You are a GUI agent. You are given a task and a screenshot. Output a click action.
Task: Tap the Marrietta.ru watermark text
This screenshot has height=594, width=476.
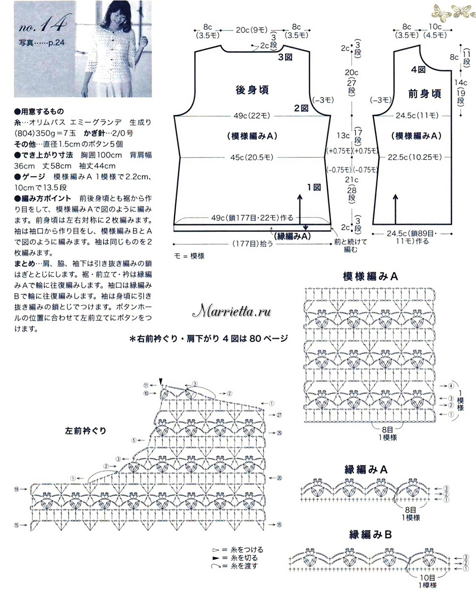coord(232,312)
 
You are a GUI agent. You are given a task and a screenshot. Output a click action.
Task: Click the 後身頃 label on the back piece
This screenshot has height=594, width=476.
coord(252,90)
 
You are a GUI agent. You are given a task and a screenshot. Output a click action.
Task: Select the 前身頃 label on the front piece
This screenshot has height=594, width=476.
coord(424,94)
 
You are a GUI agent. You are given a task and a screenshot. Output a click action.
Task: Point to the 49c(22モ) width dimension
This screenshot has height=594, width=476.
coord(252,116)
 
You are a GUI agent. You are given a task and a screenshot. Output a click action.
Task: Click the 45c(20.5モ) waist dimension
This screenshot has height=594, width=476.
coord(252,157)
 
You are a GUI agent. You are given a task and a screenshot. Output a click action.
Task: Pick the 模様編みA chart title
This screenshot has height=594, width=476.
coord(370,276)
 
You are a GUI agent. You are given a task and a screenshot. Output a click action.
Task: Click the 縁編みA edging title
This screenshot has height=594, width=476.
coord(366,469)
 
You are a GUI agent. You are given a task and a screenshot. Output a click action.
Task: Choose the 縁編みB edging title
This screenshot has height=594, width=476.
coord(370,534)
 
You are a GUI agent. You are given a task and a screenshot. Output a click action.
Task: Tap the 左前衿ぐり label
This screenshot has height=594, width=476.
coord(85,431)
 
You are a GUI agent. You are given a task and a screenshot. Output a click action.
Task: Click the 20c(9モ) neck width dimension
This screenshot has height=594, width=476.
coord(252,30)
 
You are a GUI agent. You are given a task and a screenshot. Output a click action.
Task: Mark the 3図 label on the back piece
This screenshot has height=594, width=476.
coord(285,57)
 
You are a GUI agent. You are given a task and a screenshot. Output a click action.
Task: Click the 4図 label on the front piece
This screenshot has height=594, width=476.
coord(418,69)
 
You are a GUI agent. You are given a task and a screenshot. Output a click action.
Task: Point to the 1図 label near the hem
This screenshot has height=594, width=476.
coord(314,187)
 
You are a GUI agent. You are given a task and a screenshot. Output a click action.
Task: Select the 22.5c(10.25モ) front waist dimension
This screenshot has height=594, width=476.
coord(415,157)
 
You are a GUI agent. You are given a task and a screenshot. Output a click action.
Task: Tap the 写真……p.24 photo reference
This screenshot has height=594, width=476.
coord(41,43)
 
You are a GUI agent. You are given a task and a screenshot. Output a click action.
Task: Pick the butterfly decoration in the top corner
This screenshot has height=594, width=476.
coord(453,11)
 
